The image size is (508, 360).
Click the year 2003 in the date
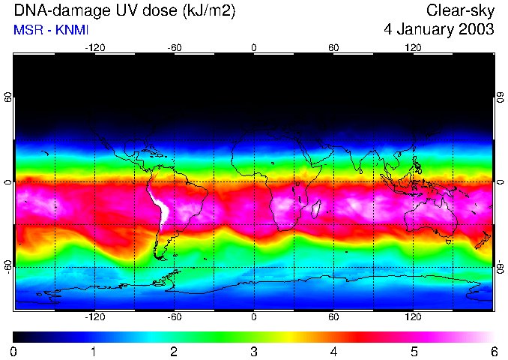(x=475, y=30)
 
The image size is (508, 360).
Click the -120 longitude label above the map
(x=94, y=47)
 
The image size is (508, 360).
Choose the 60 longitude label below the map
(x=333, y=317)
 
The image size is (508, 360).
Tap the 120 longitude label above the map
(x=414, y=47)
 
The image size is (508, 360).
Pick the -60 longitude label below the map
(x=174, y=317)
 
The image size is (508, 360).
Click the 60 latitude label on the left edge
(x=8, y=98)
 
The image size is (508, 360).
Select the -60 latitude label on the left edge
(x=8, y=265)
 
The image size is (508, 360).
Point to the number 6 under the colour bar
(x=494, y=351)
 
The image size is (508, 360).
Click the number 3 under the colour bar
(x=253, y=351)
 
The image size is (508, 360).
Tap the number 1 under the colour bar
(x=94, y=351)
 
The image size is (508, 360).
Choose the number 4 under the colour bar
(x=333, y=351)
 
